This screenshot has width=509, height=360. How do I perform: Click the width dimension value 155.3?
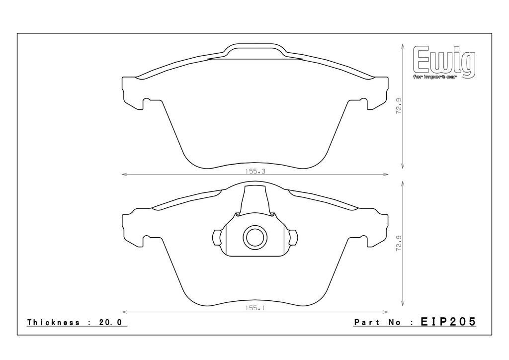tap(255, 172)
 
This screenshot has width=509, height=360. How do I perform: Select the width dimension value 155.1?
tap(255, 308)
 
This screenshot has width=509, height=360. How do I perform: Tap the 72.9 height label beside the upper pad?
tap(399, 106)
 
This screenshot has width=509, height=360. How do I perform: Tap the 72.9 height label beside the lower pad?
tap(399, 243)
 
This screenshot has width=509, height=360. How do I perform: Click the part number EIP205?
tap(448, 322)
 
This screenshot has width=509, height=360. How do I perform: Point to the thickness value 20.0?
tap(110, 322)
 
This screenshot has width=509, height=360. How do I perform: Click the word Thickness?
tap(54, 322)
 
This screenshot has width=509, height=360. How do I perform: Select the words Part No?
tap(378, 322)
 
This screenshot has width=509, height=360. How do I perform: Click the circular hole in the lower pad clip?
tap(255, 237)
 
